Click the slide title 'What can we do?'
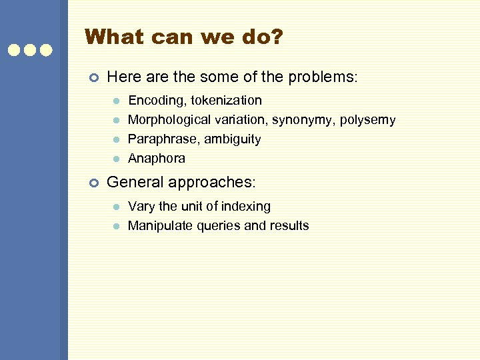[184, 37]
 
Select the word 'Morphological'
[169, 120]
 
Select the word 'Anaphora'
[156, 159]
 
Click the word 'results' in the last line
[289, 225]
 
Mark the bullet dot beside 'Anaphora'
[115, 159]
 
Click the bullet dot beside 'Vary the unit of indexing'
[115, 207]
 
